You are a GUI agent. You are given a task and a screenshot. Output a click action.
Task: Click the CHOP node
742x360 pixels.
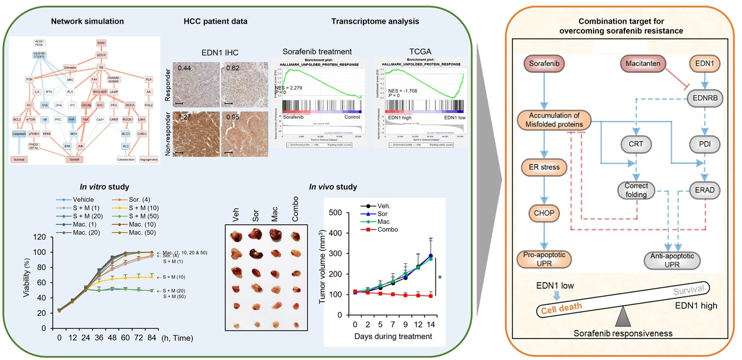[547, 213]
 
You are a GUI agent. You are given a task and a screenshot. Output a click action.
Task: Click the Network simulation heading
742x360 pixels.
[88, 22]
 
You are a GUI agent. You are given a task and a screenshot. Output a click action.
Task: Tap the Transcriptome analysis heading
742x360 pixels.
[376, 22]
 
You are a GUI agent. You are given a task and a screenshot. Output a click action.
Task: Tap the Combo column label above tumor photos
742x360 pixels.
[295, 211]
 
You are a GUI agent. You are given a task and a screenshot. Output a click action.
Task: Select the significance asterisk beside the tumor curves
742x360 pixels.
[440, 278]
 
